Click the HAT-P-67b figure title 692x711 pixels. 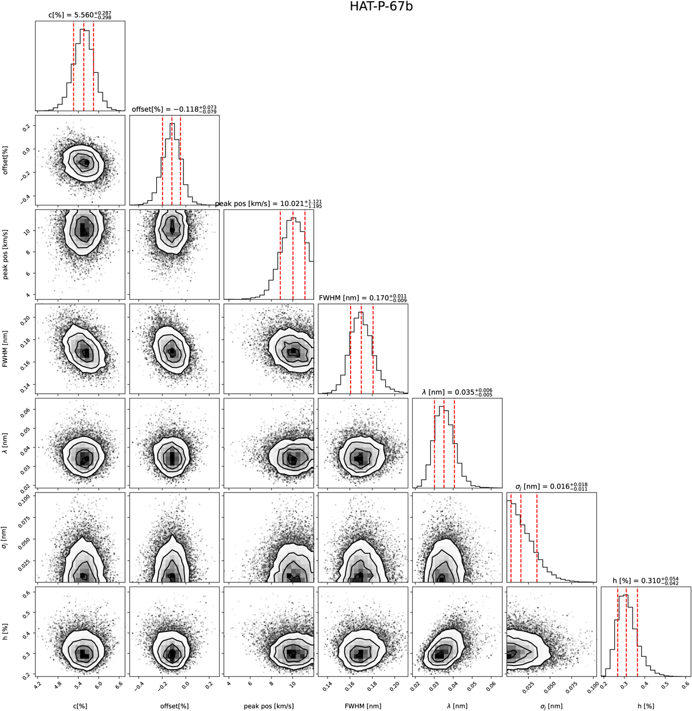click(381, 6)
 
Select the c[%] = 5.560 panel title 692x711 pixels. click(80, 16)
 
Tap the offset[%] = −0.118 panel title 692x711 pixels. click(174, 109)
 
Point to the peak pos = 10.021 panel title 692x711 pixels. click(269, 203)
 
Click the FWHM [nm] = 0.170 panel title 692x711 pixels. click(363, 298)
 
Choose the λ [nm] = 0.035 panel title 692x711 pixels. click(457, 392)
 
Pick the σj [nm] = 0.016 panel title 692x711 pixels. click(551, 486)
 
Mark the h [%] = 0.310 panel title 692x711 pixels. click(646, 581)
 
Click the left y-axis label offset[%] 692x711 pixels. click(6, 160)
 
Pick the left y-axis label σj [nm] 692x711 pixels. click(6, 537)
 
